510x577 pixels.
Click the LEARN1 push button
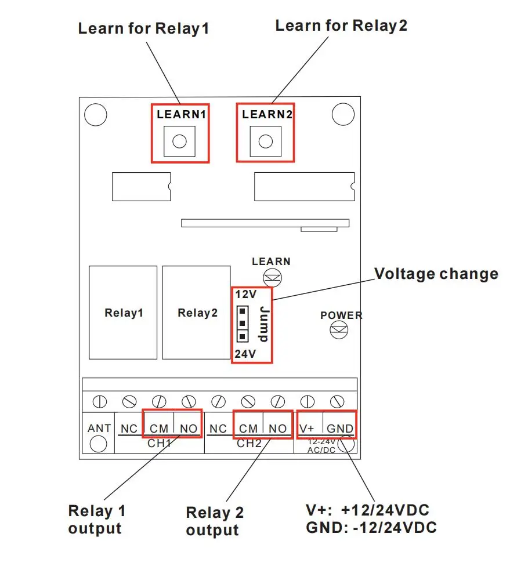click(179, 141)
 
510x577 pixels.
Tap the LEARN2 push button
click(265, 141)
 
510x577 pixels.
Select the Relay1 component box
click(123, 313)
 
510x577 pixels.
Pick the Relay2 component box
click(197, 313)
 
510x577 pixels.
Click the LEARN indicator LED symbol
click(272, 277)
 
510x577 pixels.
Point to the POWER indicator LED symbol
click(338, 331)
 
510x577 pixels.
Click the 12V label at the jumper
click(245, 295)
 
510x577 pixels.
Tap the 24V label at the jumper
click(245, 354)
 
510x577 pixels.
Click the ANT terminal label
click(99, 429)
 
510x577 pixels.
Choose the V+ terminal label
click(308, 429)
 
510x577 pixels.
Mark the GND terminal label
click(339, 429)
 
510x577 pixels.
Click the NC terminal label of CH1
click(129, 429)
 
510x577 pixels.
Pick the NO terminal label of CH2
click(278, 429)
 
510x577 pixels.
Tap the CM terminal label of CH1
click(158, 429)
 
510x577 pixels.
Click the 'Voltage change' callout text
click(436, 274)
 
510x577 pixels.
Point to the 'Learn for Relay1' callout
click(143, 28)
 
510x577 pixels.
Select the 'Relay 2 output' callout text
click(214, 521)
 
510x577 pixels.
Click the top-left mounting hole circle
click(95, 114)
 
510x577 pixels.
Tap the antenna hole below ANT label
click(99, 444)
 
